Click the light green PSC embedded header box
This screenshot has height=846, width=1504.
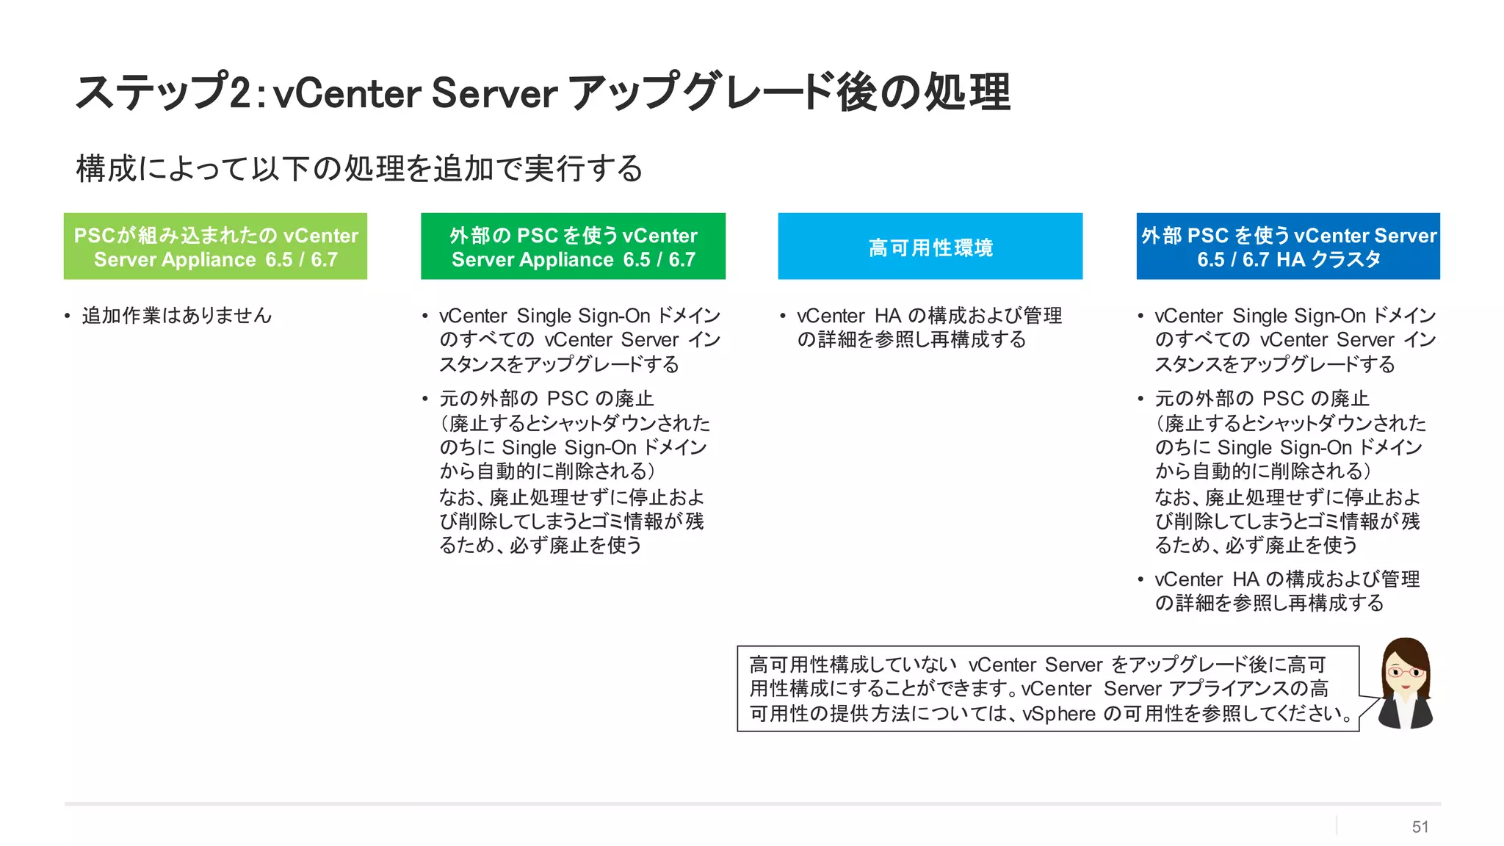[x=215, y=246]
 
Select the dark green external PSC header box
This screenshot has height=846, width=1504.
[x=573, y=246]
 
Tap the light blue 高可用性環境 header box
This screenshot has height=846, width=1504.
[x=930, y=247]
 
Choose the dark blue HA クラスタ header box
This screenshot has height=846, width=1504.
[x=1288, y=246]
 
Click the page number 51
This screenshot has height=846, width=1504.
[x=1420, y=827]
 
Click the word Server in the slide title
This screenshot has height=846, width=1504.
[x=494, y=94]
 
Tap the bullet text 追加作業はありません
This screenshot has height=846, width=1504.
[x=177, y=316]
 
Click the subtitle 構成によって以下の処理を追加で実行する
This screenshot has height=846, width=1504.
[x=359, y=168]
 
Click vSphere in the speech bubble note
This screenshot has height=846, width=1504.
[x=1058, y=714]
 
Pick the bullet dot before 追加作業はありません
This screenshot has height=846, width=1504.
[x=68, y=317]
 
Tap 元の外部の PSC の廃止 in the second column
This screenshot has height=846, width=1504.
[x=546, y=399]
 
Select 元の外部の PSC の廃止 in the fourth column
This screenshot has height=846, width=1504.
[x=1262, y=399]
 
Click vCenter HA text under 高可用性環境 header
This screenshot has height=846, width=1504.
[x=849, y=316]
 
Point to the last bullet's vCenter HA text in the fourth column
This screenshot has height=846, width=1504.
[x=1207, y=579]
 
